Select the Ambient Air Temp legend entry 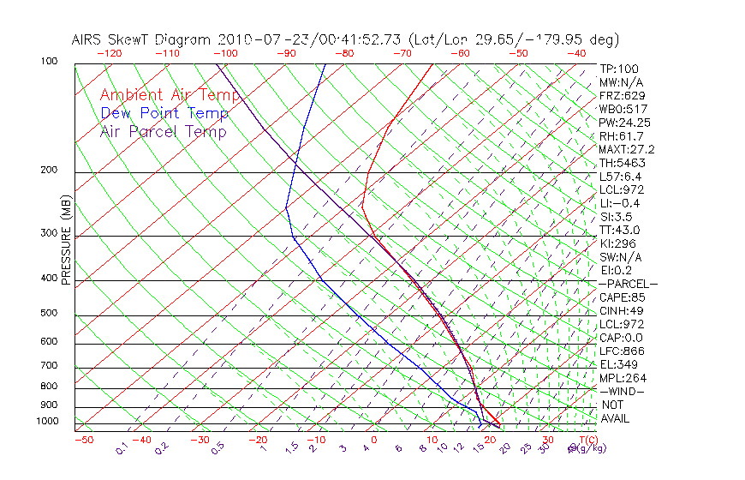point(170,95)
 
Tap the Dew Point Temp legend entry point(164,113)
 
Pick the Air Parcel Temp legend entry point(164,131)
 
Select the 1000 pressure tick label point(46,422)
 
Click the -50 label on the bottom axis point(83,440)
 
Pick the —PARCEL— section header point(629,284)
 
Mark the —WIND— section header point(622,391)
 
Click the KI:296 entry point(617,243)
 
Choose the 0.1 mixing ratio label point(122,448)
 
